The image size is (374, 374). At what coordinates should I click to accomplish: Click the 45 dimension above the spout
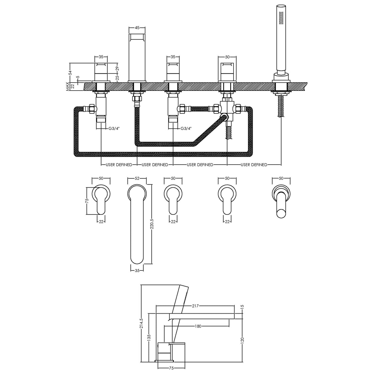136,27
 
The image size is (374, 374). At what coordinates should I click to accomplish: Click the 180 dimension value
198,326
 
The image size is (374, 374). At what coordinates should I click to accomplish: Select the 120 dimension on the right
242,340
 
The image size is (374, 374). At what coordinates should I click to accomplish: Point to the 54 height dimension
70,73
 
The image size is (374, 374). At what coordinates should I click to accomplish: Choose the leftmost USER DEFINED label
119,165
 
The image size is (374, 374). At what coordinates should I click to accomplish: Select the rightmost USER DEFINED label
254,165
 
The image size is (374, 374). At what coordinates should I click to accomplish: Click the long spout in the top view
137,225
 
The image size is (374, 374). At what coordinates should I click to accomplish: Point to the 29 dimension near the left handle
118,68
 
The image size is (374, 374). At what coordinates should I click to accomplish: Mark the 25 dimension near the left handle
118,78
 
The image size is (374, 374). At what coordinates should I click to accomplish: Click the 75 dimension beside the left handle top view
87,201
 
